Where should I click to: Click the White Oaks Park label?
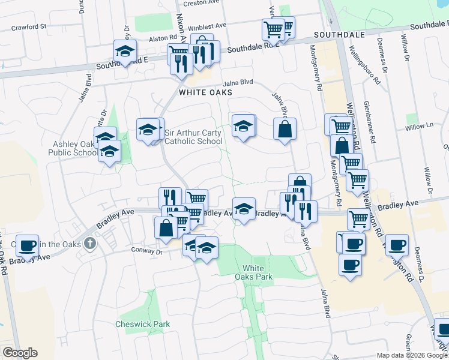pyautogui.click(x=258, y=272)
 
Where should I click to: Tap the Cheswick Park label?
pyautogui.click(x=142, y=324)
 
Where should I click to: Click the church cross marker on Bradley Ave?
pyautogui.click(x=90, y=243)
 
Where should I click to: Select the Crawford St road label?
pyautogui.click(x=28, y=27)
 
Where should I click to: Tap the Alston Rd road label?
pyautogui.click(x=160, y=38)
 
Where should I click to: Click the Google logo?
pyautogui.click(x=20, y=353)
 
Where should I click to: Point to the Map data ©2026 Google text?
pyautogui.click(x=411, y=355)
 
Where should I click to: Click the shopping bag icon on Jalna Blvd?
pyautogui.click(x=284, y=128)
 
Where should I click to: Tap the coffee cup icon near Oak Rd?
pyautogui.click(x=28, y=245)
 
